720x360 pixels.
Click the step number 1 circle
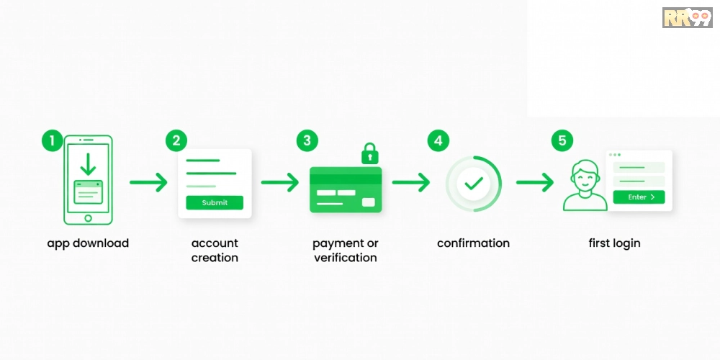tap(53, 140)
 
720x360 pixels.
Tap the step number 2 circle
tap(176, 140)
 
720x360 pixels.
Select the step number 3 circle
tap(307, 140)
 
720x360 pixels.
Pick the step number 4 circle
tap(438, 140)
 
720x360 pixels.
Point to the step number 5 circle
tap(562, 140)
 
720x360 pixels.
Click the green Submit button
tap(215, 202)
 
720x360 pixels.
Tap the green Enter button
tap(639, 197)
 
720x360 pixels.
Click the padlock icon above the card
tap(369, 153)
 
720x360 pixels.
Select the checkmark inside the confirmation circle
tap(474, 184)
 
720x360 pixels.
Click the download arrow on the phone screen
tap(88, 164)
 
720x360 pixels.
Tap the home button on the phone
tap(88, 218)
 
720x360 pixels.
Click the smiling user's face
tap(585, 177)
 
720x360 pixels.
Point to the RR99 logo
tap(688, 17)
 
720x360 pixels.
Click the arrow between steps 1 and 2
tap(148, 182)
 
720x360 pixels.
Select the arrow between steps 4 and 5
tap(535, 182)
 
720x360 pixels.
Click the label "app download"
tap(88, 243)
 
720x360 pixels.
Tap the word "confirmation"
tap(474, 243)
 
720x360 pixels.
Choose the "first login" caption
tap(614, 243)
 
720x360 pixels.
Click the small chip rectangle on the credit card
tap(368, 202)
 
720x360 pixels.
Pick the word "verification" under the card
tap(346, 258)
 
